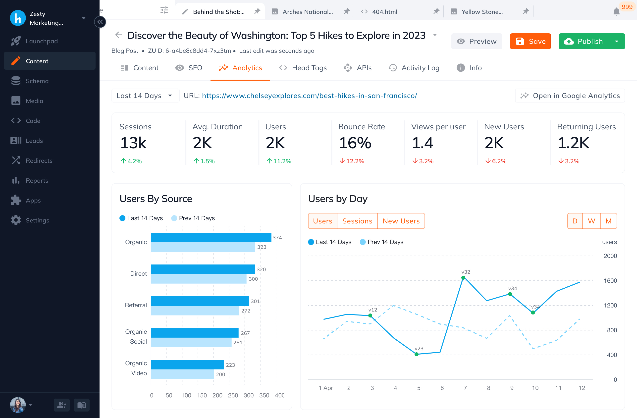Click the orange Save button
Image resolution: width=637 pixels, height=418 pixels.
(x=530, y=41)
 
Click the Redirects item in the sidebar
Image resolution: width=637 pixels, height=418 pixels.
(x=39, y=160)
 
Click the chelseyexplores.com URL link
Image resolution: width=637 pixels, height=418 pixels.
(x=309, y=96)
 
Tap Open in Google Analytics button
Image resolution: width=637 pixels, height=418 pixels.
(x=570, y=96)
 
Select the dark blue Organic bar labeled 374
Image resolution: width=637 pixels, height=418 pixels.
(x=211, y=237)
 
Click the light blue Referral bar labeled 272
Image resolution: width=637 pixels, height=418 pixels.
(x=195, y=311)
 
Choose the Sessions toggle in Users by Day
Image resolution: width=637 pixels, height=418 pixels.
(x=357, y=221)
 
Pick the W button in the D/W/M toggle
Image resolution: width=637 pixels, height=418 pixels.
(x=591, y=221)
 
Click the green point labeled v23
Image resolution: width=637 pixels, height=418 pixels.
(x=417, y=354)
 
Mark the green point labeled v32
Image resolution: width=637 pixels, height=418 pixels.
(x=463, y=278)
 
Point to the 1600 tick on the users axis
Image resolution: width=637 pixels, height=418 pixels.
(x=610, y=281)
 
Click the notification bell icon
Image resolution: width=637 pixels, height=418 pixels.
(x=616, y=11)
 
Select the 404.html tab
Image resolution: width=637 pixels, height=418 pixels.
(x=384, y=12)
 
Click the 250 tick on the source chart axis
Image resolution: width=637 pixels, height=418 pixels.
(x=233, y=395)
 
